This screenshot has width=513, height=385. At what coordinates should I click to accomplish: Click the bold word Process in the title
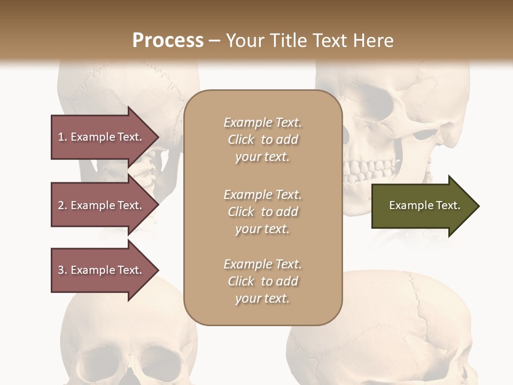(x=168, y=41)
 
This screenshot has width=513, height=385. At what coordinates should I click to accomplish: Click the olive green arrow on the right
(x=422, y=206)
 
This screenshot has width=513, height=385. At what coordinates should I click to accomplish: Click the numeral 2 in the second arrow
(x=61, y=205)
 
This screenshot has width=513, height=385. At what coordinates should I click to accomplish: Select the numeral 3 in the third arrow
(x=61, y=270)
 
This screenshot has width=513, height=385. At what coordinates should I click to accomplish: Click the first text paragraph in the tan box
(x=262, y=140)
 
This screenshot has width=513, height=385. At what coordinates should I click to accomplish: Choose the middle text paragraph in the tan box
(x=262, y=212)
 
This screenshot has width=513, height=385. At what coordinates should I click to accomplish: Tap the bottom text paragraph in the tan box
(x=262, y=281)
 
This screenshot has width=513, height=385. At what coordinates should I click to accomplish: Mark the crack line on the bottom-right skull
(x=422, y=310)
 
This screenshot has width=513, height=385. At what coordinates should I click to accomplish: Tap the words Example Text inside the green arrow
(x=424, y=205)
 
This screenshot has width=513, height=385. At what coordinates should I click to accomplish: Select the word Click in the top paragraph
(x=241, y=140)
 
